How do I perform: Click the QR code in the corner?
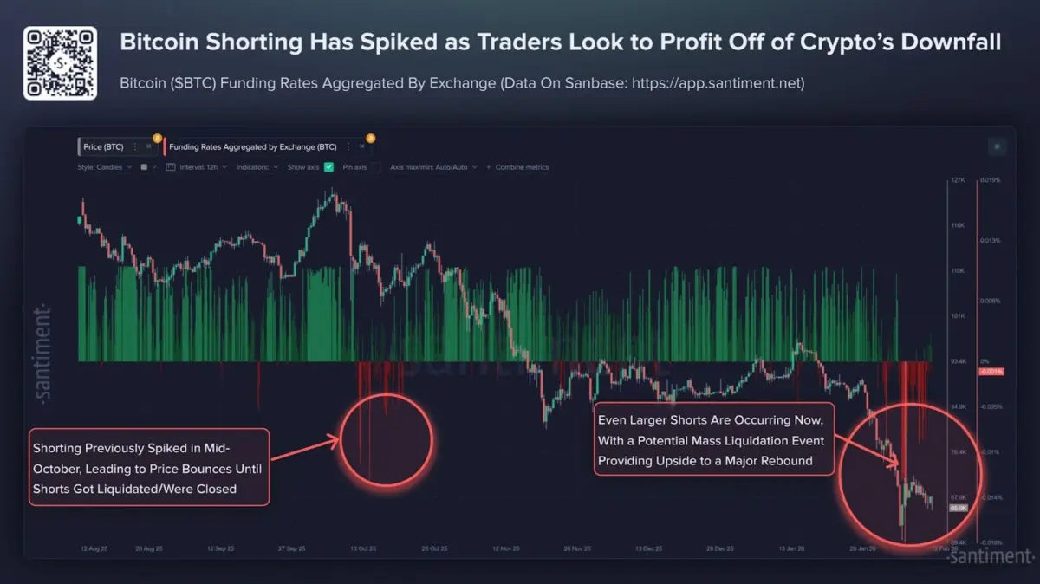click(x=59, y=63)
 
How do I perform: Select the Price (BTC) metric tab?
click(x=105, y=147)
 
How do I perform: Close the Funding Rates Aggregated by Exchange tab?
click(x=362, y=147)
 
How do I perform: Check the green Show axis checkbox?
click(x=328, y=167)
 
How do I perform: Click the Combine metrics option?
click(x=521, y=167)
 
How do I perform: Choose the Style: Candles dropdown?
click(x=104, y=167)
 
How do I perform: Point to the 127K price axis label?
click(x=958, y=180)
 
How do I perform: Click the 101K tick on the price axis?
click(x=958, y=316)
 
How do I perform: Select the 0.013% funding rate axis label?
click(x=989, y=241)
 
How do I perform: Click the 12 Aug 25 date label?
click(x=94, y=548)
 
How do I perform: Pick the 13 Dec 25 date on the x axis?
click(x=650, y=548)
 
